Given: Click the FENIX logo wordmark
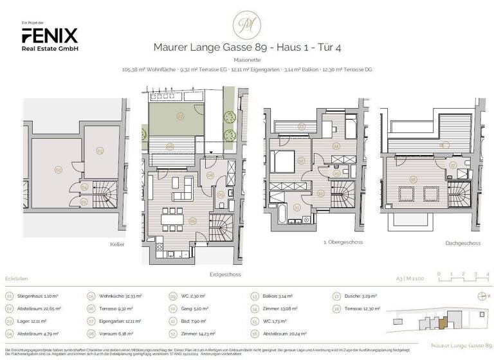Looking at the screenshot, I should pos(50,35).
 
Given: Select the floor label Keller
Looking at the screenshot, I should pos(116,244).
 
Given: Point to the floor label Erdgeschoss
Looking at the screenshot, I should pos(225,274).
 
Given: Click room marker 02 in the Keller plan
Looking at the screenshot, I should pos(58,170).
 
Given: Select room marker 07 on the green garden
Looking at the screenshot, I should pos(181,117).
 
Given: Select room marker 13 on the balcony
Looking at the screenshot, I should pos(301,127).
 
